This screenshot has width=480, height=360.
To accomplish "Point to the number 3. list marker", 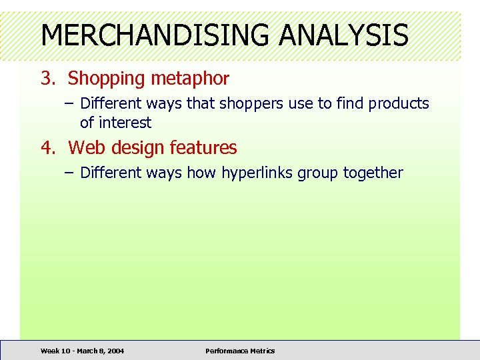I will tap(47, 79).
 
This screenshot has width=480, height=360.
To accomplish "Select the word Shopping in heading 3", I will tap(106, 79).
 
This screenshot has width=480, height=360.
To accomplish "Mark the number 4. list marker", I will tap(47, 147).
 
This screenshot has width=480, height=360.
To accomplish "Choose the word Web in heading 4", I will tap(83, 147).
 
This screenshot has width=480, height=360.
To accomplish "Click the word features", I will tap(203, 147).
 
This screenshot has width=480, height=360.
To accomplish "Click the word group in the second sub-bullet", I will tap(317, 173).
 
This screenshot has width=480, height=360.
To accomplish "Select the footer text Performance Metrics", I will tap(240, 351).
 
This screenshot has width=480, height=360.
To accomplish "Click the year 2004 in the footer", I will tap(114, 351).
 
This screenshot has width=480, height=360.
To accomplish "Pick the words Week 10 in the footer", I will tap(54, 351).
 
